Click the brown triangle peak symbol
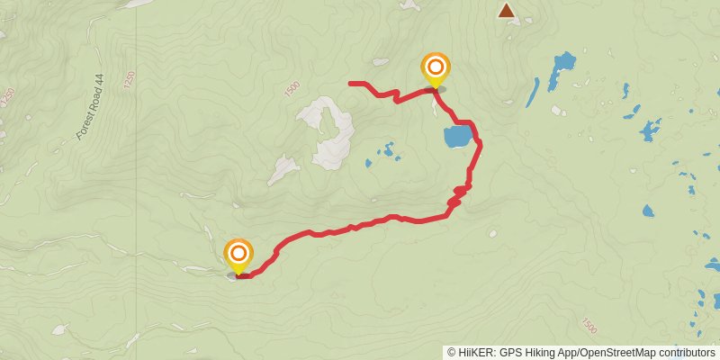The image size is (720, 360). (x=507, y=10)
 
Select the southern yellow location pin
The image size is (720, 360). (x=238, y=255)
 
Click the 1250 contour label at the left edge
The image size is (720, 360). (x=7, y=94)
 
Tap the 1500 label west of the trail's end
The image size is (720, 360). (x=292, y=89)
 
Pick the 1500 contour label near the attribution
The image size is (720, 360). (x=589, y=324)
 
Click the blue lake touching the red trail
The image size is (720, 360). (x=457, y=137)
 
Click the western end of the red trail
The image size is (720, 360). (x=351, y=84)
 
